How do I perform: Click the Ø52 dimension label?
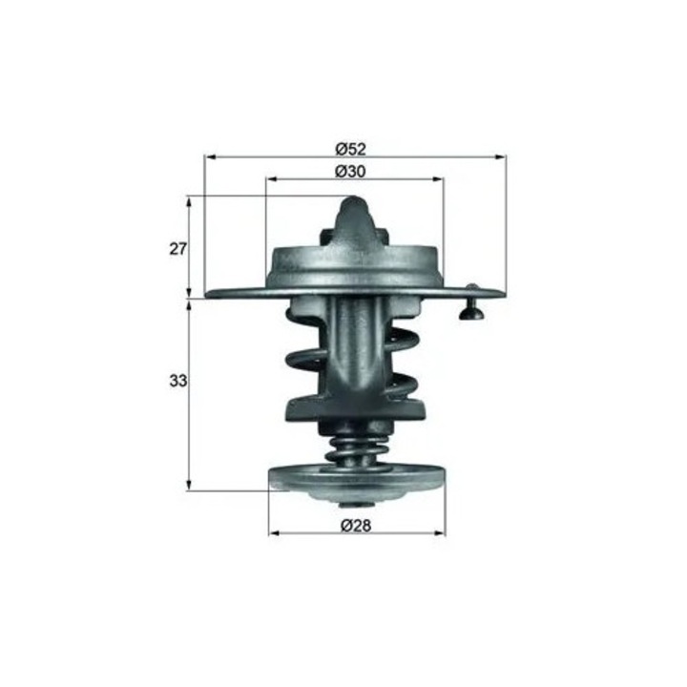point(351,148)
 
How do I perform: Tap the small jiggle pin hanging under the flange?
point(470,307)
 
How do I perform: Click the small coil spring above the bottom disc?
point(354,446)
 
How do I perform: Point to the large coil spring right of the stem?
point(402,367)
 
